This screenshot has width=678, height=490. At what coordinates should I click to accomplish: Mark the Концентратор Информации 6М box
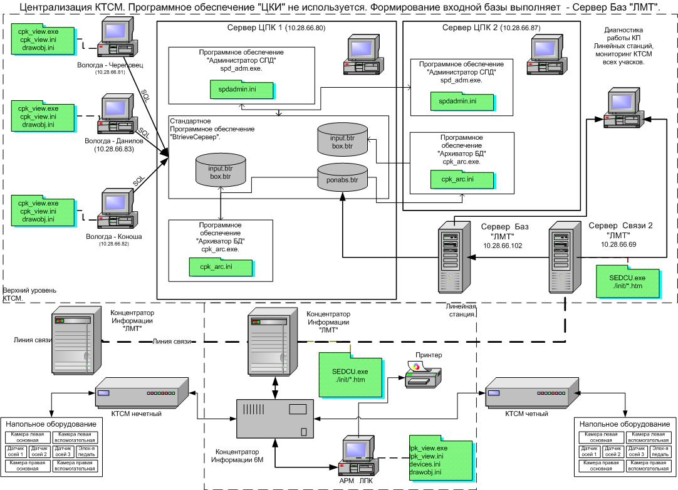[x=274, y=418]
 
